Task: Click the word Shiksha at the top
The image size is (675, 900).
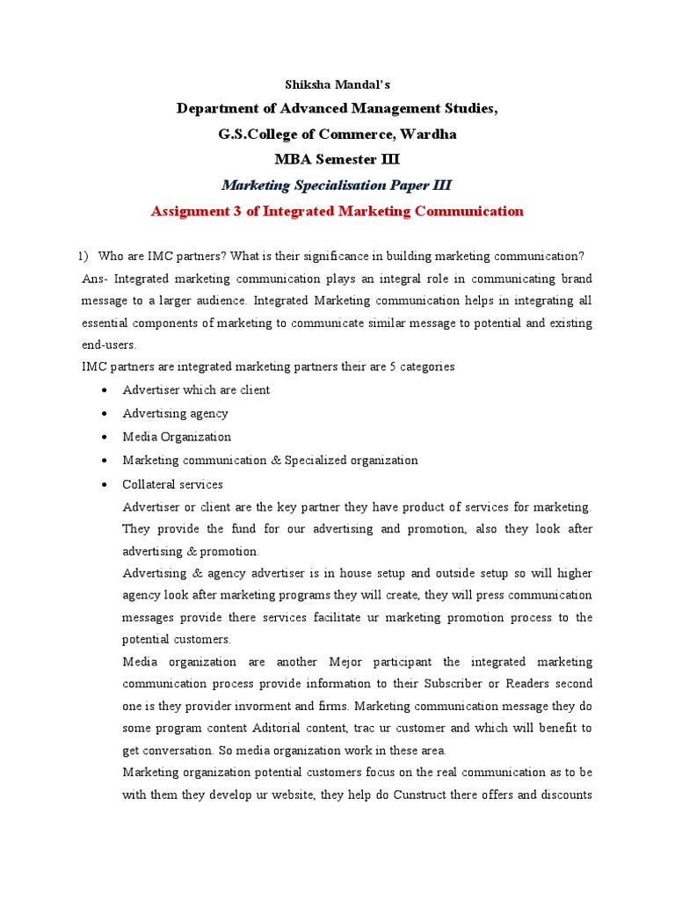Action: tap(307, 84)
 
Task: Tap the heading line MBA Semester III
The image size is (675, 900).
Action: tap(337, 160)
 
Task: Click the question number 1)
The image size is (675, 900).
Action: tap(83, 256)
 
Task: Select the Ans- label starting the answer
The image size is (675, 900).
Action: tap(94, 279)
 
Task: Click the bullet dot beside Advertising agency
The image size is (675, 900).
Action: tap(105, 414)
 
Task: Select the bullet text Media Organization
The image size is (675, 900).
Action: tap(177, 437)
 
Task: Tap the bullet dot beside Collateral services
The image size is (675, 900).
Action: tap(105, 485)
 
